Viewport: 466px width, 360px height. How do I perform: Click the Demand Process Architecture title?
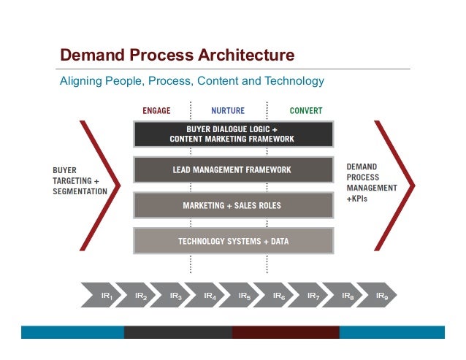coord(177,55)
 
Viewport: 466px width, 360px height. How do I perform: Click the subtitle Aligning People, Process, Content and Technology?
coord(191,80)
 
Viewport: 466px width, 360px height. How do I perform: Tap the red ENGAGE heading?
coord(156,111)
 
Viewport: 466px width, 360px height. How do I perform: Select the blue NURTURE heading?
coord(228,111)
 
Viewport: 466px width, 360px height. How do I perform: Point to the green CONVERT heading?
coord(305,111)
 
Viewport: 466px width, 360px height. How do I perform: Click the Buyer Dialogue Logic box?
coord(234,134)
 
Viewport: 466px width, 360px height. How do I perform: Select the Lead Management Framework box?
coord(234,169)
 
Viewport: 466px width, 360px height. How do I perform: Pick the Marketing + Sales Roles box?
coord(234,205)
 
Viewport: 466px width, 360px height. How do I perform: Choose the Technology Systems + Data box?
coord(234,240)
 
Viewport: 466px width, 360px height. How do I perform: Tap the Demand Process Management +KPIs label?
coord(371,182)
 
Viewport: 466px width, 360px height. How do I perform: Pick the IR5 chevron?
coord(245,296)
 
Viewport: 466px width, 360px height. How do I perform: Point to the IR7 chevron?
coord(313,296)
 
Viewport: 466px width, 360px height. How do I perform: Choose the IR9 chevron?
coord(382,296)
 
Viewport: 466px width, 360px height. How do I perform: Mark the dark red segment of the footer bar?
coord(286,332)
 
